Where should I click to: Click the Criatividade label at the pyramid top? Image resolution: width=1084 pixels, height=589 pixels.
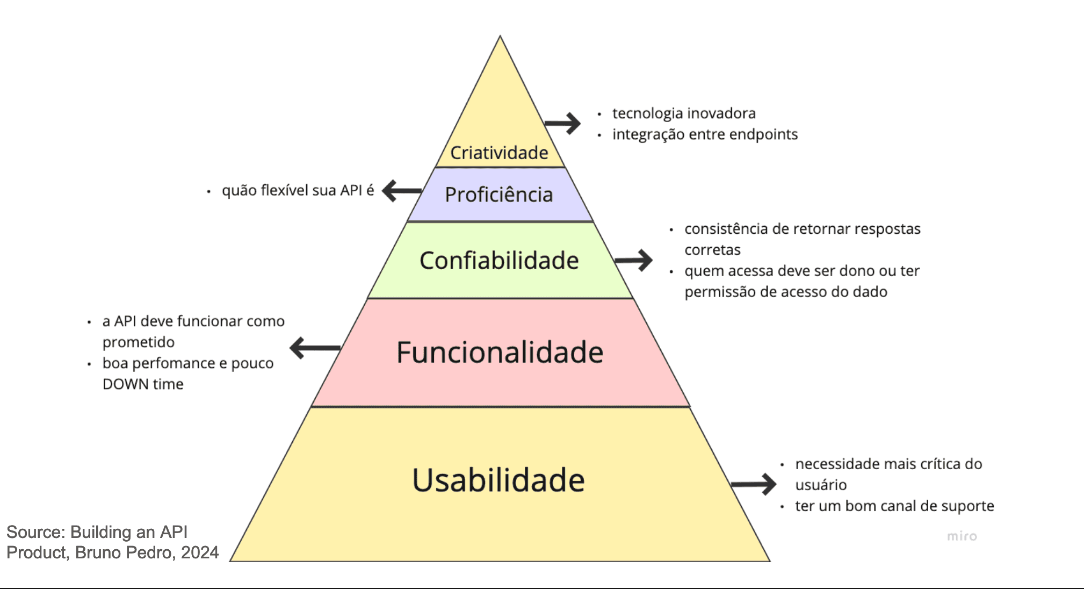point(499,153)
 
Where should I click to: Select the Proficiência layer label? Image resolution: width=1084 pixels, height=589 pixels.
point(498,195)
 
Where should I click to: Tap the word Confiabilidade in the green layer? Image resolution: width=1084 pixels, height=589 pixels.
point(499,261)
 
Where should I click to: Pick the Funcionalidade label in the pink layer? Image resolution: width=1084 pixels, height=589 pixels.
point(500,353)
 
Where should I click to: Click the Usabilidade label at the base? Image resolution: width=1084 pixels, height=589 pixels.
point(498,480)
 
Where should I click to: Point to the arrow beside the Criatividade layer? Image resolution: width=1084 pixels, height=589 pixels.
point(563,123)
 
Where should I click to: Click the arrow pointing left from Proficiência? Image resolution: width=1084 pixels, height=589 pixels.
point(401,190)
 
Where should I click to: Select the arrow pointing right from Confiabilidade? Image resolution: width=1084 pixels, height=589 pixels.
point(634,260)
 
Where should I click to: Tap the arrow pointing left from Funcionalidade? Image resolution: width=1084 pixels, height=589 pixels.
point(315,348)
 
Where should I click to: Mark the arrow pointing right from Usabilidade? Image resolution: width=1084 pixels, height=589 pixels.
point(754,484)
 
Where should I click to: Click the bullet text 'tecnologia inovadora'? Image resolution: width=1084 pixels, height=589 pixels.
point(683,113)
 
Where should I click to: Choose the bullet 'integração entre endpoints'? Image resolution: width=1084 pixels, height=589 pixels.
point(705,134)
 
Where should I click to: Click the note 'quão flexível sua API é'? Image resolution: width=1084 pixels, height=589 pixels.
point(298,190)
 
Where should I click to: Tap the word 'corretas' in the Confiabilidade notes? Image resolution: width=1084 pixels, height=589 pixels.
point(712,250)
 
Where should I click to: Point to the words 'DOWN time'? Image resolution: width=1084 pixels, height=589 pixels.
point(143,384)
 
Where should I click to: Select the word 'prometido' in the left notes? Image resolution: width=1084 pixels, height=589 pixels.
point(139,342)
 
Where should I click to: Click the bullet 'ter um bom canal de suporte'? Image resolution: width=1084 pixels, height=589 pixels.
point(894,506)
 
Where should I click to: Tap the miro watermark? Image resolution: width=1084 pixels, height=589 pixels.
point(962,536)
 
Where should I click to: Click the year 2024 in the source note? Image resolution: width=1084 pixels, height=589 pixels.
point(200,552)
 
